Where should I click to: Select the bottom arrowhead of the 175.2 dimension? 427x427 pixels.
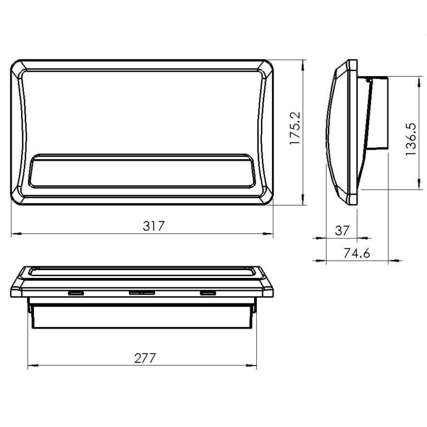303,203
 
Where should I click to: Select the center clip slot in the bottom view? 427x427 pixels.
142,292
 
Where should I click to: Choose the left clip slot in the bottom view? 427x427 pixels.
76,292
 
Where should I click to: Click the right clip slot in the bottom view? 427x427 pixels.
208,292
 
